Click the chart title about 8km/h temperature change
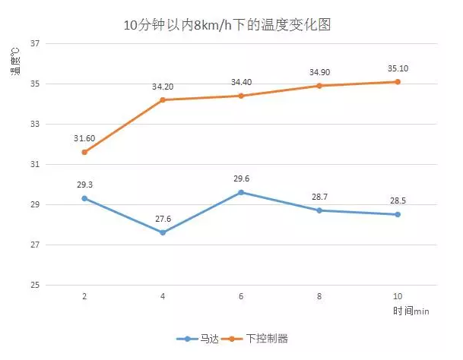click(227, 25)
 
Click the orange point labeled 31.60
click(84, 152)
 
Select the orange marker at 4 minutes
click(163, 100)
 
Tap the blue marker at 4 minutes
click(163, 232)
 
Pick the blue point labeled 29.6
click(241, 192)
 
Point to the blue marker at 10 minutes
click(398, 214)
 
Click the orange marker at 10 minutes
click(398, 82)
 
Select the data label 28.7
click(319, 197)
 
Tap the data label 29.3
click(84, 185)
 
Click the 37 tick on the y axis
click(35, 43)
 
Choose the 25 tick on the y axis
click(35, 286)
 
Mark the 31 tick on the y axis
click(35, 165)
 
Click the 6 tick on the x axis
click(241, 297)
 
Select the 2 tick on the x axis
click(84, 297)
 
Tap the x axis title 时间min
click(411, 311)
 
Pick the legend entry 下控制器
click(267, 338)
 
